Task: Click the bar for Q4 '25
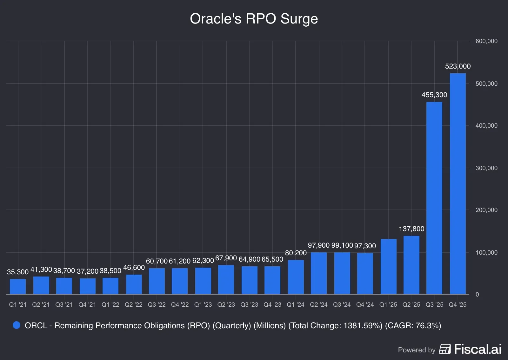click(x=458, y=184)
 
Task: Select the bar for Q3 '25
click(x=434, y=198)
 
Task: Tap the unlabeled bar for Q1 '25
click(x=388, y=267)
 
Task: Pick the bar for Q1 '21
click(x=18, y=287)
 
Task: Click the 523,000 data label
click(x=458, y=66)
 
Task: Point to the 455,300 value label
click(x=434, y=95)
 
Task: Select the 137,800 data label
click(x=411, y=229)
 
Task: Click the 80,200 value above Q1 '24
click(x=296, y=253)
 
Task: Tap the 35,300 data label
click(x=18, y=272)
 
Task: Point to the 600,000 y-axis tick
click(x=486, y=41)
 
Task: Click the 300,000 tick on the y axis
click(x=486, y=168)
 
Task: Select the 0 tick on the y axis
click(x=477, y=295)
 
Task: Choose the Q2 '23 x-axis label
click(x=226, y=305)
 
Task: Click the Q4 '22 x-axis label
click(x=180, y=305)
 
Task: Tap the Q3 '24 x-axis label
click(x=342, y=305)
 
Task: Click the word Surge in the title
click(x=299, y=19)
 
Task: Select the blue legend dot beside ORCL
click(x=17, y=325)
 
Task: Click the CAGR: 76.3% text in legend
click(x=413, y=326)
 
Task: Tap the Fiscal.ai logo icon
click(x=445, y=349)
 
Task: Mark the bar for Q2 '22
click(x=134, y=284)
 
